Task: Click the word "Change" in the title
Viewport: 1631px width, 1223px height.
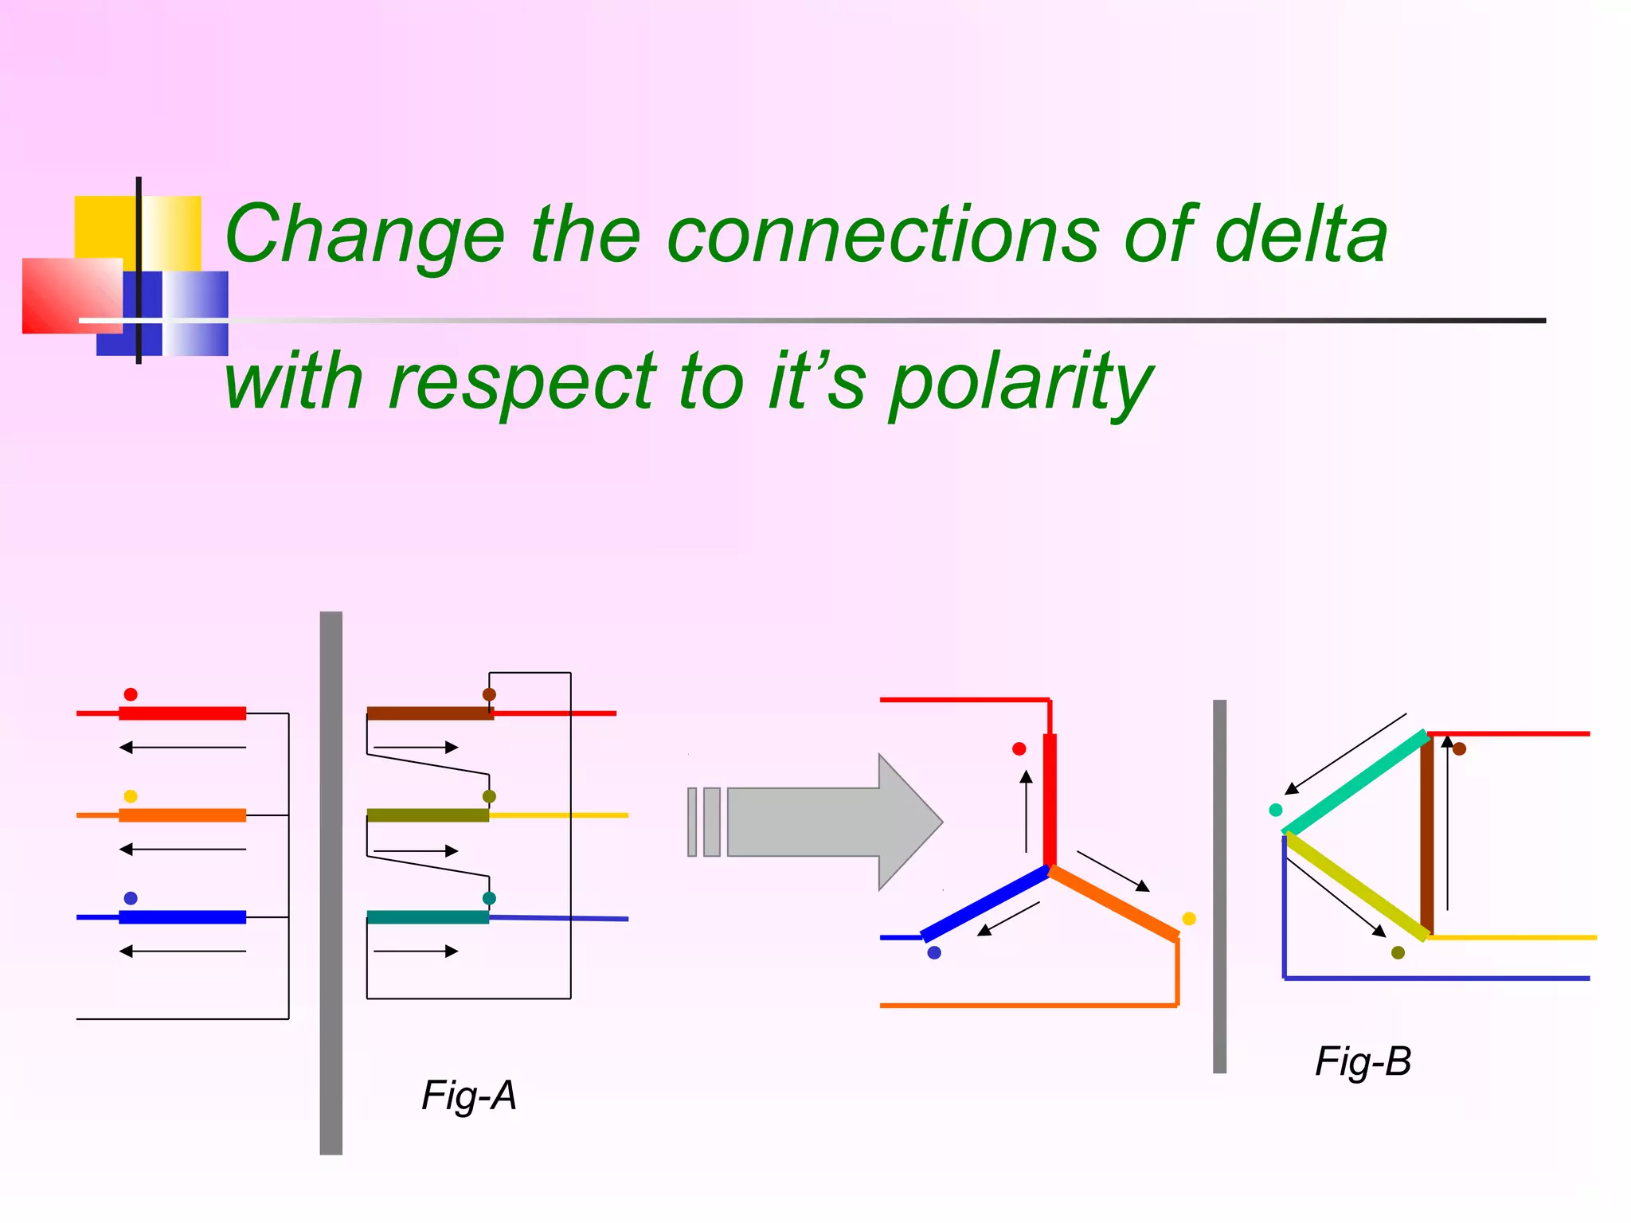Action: (365, 236)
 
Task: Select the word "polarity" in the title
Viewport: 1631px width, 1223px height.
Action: (1021, 384)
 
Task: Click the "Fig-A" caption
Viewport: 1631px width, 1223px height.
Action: (469, 1096)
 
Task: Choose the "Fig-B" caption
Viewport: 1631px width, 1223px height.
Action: (1363, 1061)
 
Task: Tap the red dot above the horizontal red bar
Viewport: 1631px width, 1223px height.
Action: (131, 694)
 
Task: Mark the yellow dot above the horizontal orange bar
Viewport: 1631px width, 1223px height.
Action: (131, 796)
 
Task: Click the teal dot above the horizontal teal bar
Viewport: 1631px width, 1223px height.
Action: (489, 898)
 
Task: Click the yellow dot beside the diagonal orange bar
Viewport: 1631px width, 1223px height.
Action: (1189, 919)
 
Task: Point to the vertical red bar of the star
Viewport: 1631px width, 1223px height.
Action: (1050, 800)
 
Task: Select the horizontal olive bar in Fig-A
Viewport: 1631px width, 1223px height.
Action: (428, 815)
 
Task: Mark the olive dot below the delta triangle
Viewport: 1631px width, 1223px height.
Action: (1398, 952)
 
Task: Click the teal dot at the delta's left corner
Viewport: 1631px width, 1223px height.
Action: (1275, 810)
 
